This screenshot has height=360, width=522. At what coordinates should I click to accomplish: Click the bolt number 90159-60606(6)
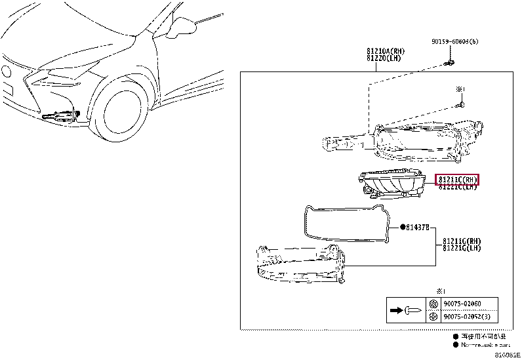pos(454,41)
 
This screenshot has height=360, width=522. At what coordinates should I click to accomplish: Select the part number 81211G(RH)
pos(461,241)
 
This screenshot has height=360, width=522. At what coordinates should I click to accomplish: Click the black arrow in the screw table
pos(395,310)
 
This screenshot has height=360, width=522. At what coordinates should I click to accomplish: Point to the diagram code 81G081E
pos(507,355)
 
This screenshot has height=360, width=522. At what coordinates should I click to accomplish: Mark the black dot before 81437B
pos(402,228)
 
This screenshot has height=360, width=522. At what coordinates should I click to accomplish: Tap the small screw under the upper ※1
pos(462,104)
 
